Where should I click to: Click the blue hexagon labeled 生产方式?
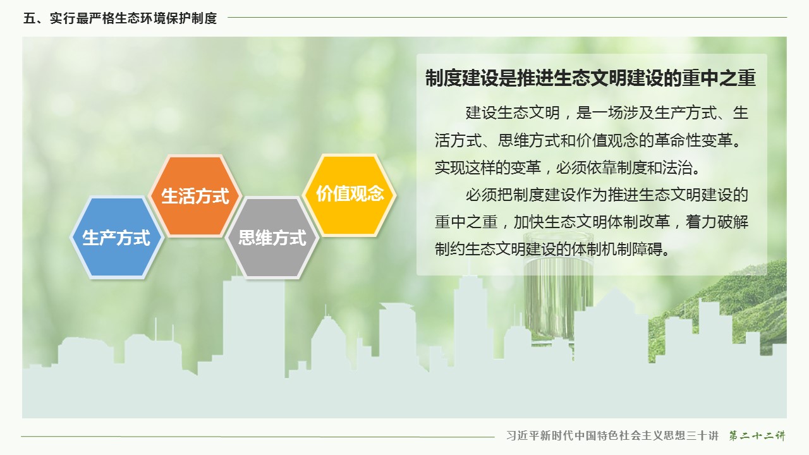[117, 238]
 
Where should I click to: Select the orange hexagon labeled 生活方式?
[195, 196]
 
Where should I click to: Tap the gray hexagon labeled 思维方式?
[272, 238]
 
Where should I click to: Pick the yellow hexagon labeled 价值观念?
[350, 195]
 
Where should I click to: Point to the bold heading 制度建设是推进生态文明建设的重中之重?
[590, 78]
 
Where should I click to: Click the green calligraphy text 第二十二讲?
[757, 435]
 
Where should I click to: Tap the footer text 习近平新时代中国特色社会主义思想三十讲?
[612, 435]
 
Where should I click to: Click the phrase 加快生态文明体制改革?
[592, 222]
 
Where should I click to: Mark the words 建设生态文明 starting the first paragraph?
[513, 112]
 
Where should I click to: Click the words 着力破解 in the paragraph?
[717, 222]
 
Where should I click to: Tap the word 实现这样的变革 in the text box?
[487, 167]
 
